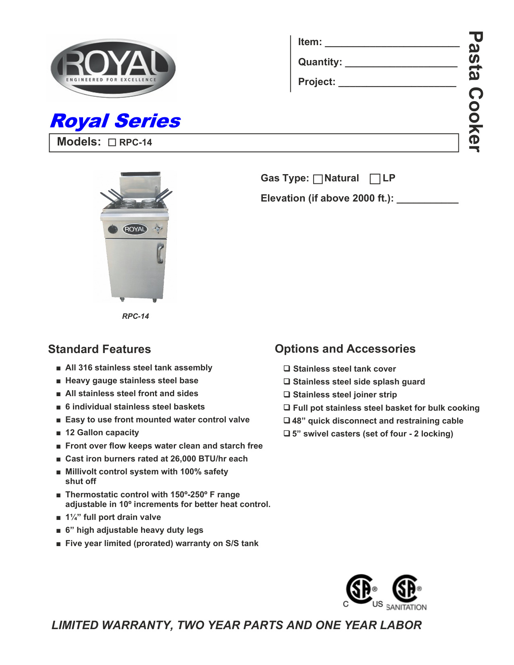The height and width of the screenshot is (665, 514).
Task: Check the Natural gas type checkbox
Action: pos(318,179)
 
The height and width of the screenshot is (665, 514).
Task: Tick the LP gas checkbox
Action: pos(375,179)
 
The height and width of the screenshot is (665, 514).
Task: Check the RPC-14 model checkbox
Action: pos(112,143)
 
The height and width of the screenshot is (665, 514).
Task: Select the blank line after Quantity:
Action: pos(401,64)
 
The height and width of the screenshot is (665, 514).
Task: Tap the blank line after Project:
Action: pos(397,83)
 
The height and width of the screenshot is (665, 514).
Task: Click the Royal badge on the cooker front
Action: pos(135,229)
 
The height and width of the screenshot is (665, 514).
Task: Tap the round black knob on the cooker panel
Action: pos(113,230)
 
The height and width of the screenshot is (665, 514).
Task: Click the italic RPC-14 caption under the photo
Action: pos(135,316)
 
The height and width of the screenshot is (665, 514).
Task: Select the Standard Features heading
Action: pos(100,349)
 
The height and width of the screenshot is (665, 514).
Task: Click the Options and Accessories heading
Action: pos(345,349)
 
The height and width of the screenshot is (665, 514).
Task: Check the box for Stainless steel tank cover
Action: pos(287,368)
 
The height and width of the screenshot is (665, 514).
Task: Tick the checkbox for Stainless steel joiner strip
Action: pos(287,394)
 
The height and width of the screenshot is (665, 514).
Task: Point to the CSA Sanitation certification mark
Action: pos(407,592)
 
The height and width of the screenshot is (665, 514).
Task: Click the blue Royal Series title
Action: pos(115,121)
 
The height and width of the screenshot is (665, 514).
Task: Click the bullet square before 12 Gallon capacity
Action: pos(59,433)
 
